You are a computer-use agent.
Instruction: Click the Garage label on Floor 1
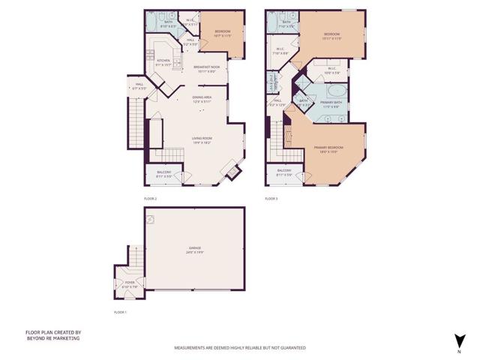click(195, 249)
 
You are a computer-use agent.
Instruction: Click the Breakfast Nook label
click(205, 69)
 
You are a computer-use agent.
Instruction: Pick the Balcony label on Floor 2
click(163, 174)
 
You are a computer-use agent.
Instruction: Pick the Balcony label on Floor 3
click(284, 172)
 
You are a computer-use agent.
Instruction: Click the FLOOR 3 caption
click(271, 199)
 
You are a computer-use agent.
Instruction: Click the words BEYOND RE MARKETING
click(52, 338)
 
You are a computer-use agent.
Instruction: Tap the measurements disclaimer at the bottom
click(240, 348)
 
